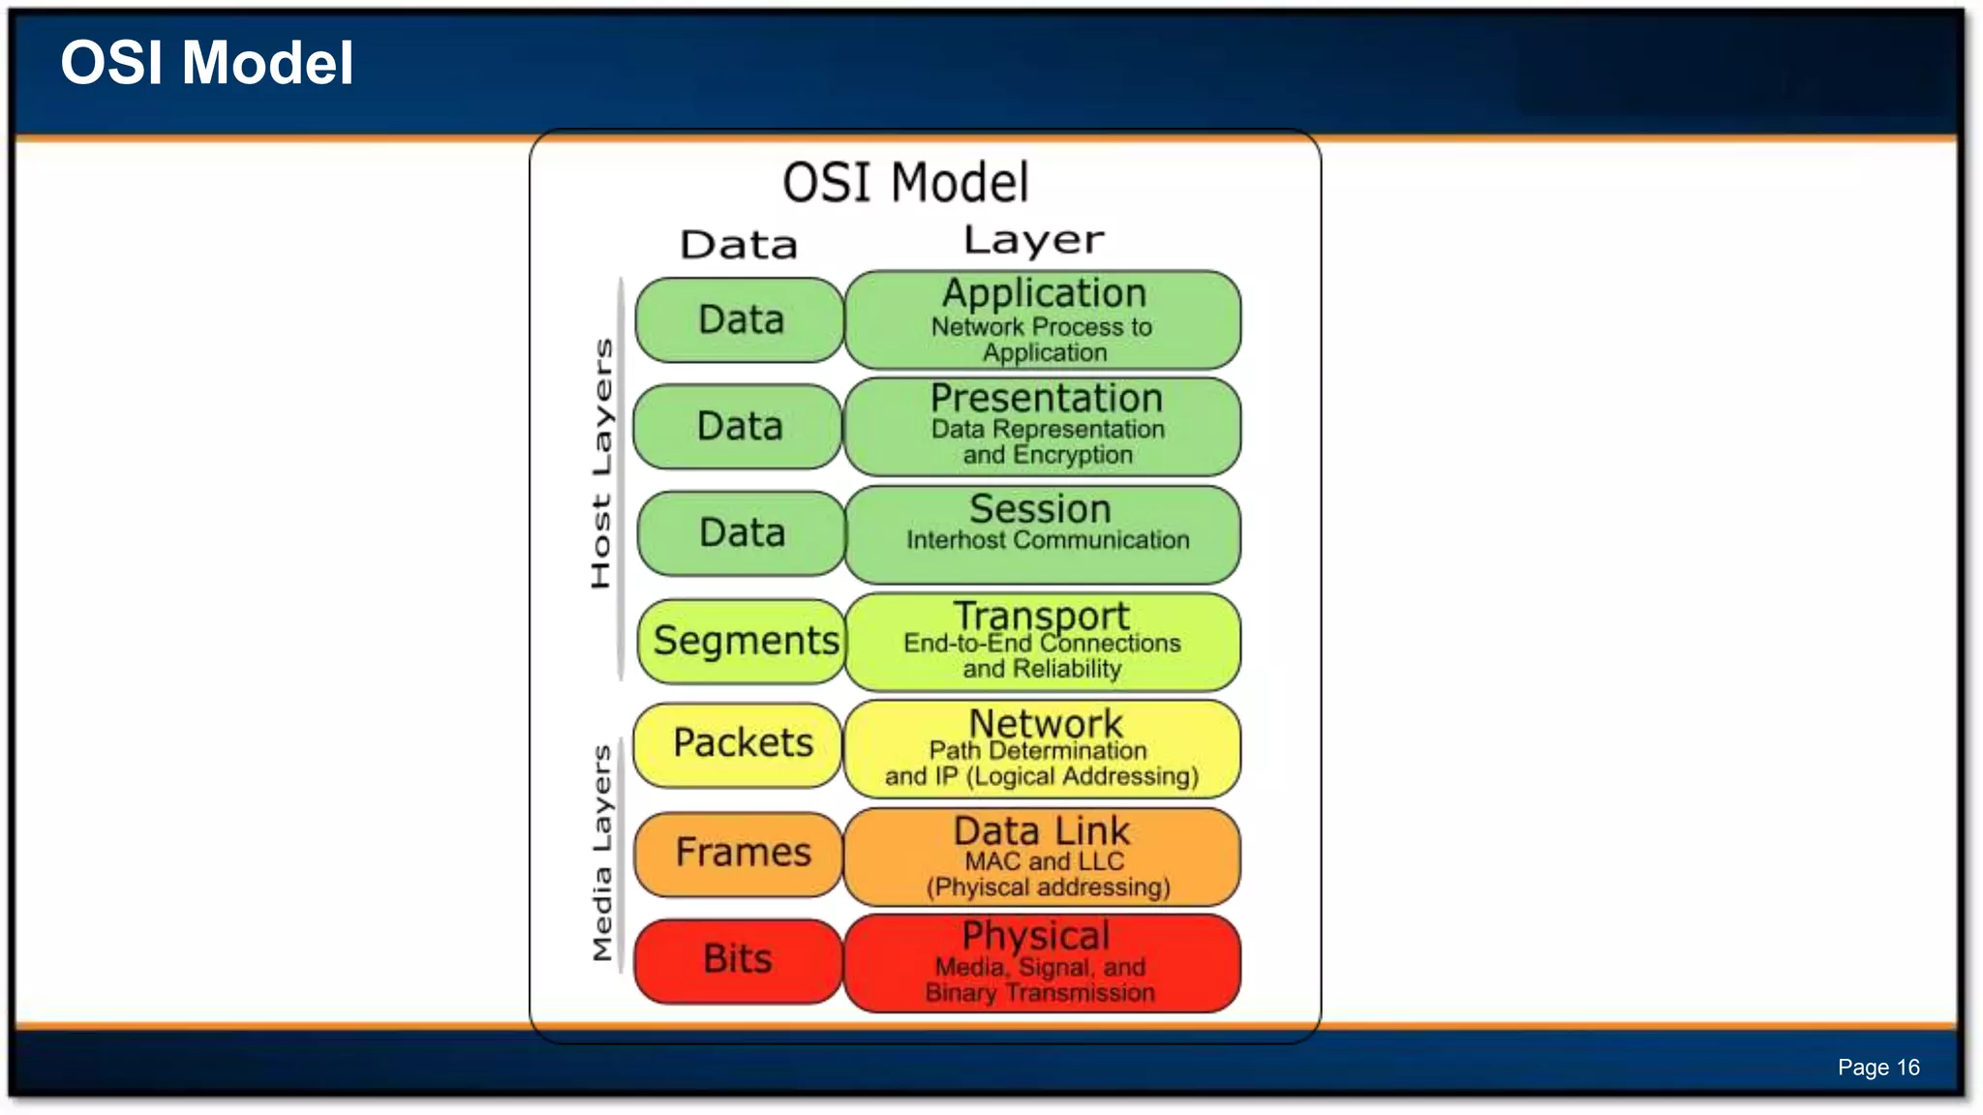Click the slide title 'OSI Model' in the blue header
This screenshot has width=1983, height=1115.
tap(206, 64)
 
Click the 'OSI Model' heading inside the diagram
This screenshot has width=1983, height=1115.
tap(905, 183)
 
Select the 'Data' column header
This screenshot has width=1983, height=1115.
tap(739, 245)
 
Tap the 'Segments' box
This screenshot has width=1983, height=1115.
tap(744, 641)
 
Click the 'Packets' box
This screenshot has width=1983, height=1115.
tap(741, 743)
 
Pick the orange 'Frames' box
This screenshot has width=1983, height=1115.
tap(741, 853)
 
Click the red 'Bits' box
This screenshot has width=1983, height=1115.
tap(738, 959)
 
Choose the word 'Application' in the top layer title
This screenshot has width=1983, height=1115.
tap(1044, 293)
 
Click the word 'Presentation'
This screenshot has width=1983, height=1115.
tap(1046, 398)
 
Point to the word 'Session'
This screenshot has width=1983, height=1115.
tap(1040, 509)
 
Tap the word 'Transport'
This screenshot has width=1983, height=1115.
tap(1041, 616)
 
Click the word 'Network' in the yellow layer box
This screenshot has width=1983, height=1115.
tap(1046, 723)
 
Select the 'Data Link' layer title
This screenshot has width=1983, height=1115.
tap(1041, 830)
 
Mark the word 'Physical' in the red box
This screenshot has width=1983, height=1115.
tap(1035, 935)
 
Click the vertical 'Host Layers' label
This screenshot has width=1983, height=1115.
tap(601, 463)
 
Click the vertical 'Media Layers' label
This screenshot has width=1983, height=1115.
tap(601, 852)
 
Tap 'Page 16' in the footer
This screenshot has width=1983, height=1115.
tap(1877, 1067)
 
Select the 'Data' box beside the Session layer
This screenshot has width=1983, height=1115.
tap(741, 533)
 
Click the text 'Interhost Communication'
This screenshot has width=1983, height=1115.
tap(1048, 540)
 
